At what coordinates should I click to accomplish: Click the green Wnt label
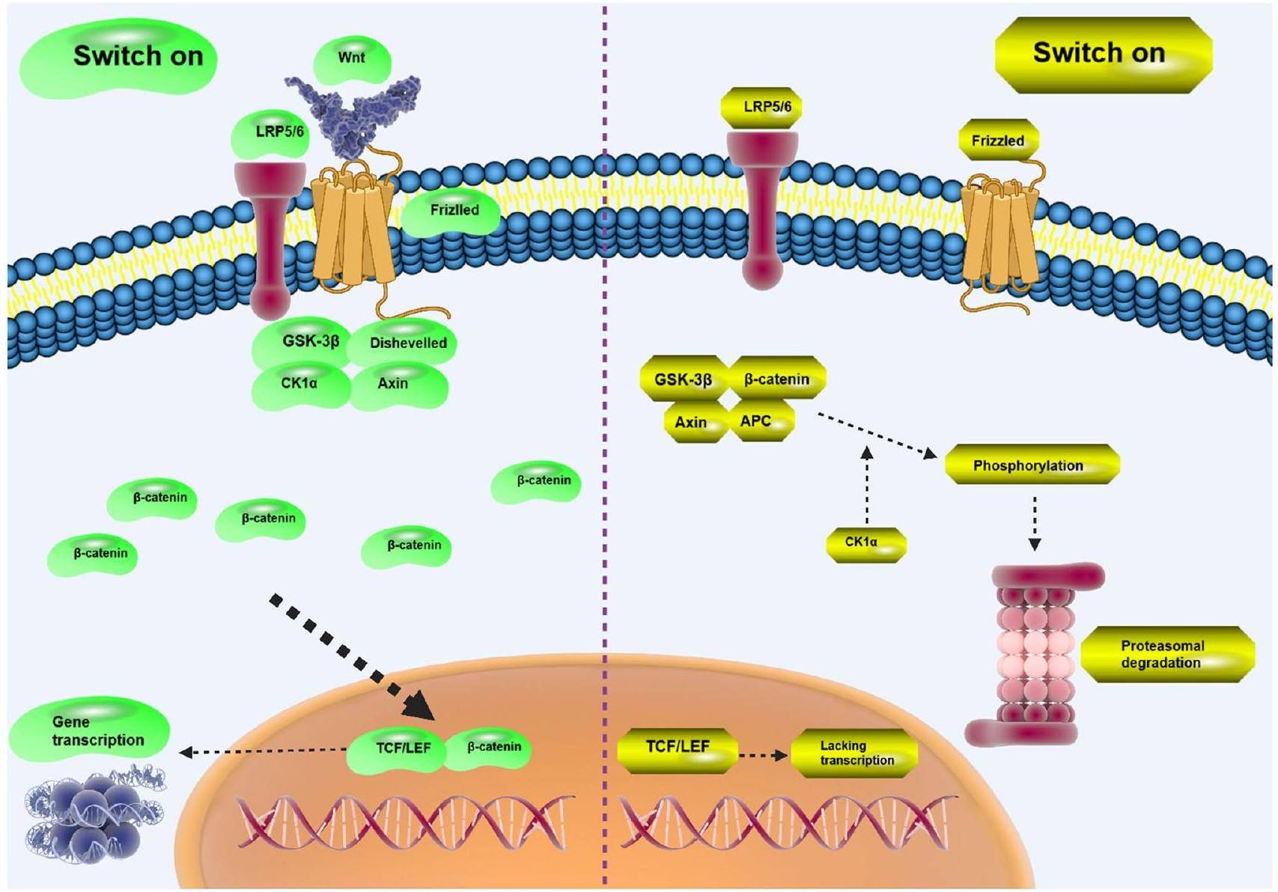pyautogui.click(x=352, y=58)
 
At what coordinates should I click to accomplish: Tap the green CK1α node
pyautogui.click(x=299, y=384)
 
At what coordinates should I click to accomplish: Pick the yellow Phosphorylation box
pyautogui.click(x=1030, y=465)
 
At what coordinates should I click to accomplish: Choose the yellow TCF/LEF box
pyautogui.click(x=678, y=748)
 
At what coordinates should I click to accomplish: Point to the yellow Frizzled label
pyautogui.click(x=998, y=140)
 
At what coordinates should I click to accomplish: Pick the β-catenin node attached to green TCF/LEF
pyautogui.click(x=491, y=748)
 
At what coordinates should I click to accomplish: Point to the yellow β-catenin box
pyautogui.click(x=777, y=379)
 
